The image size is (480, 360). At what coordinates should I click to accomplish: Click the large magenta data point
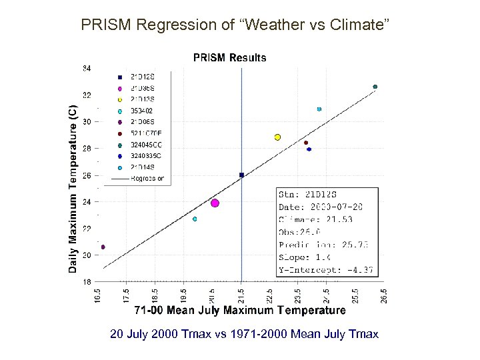click(x=215, y=203)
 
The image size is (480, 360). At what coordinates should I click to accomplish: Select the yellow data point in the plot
click(x=277, y=137)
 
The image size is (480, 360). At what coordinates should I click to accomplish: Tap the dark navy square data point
click(x=241, y=175)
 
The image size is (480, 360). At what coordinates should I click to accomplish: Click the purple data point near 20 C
click(x=103, y=247)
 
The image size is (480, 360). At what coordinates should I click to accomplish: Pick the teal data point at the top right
click(x=375, y=87)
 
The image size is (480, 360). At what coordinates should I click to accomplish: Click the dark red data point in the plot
click(x=306, y=143)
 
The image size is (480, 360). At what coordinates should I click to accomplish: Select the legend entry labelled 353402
click(x=141, y=110)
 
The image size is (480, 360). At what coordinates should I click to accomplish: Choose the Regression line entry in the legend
click(x=147, y=179)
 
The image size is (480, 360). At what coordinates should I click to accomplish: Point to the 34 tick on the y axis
click(x=87, y=68)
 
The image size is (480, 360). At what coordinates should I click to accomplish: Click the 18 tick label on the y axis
click(x=87, y=282)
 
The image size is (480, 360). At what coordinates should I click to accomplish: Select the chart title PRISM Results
click(x=229, y=58)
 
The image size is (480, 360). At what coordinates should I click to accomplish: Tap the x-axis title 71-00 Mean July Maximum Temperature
click(x=240, y=310)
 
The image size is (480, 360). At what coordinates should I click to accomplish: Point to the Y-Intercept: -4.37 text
click(x=325, y=270)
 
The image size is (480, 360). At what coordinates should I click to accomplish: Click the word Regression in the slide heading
click(x=176, y=25)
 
